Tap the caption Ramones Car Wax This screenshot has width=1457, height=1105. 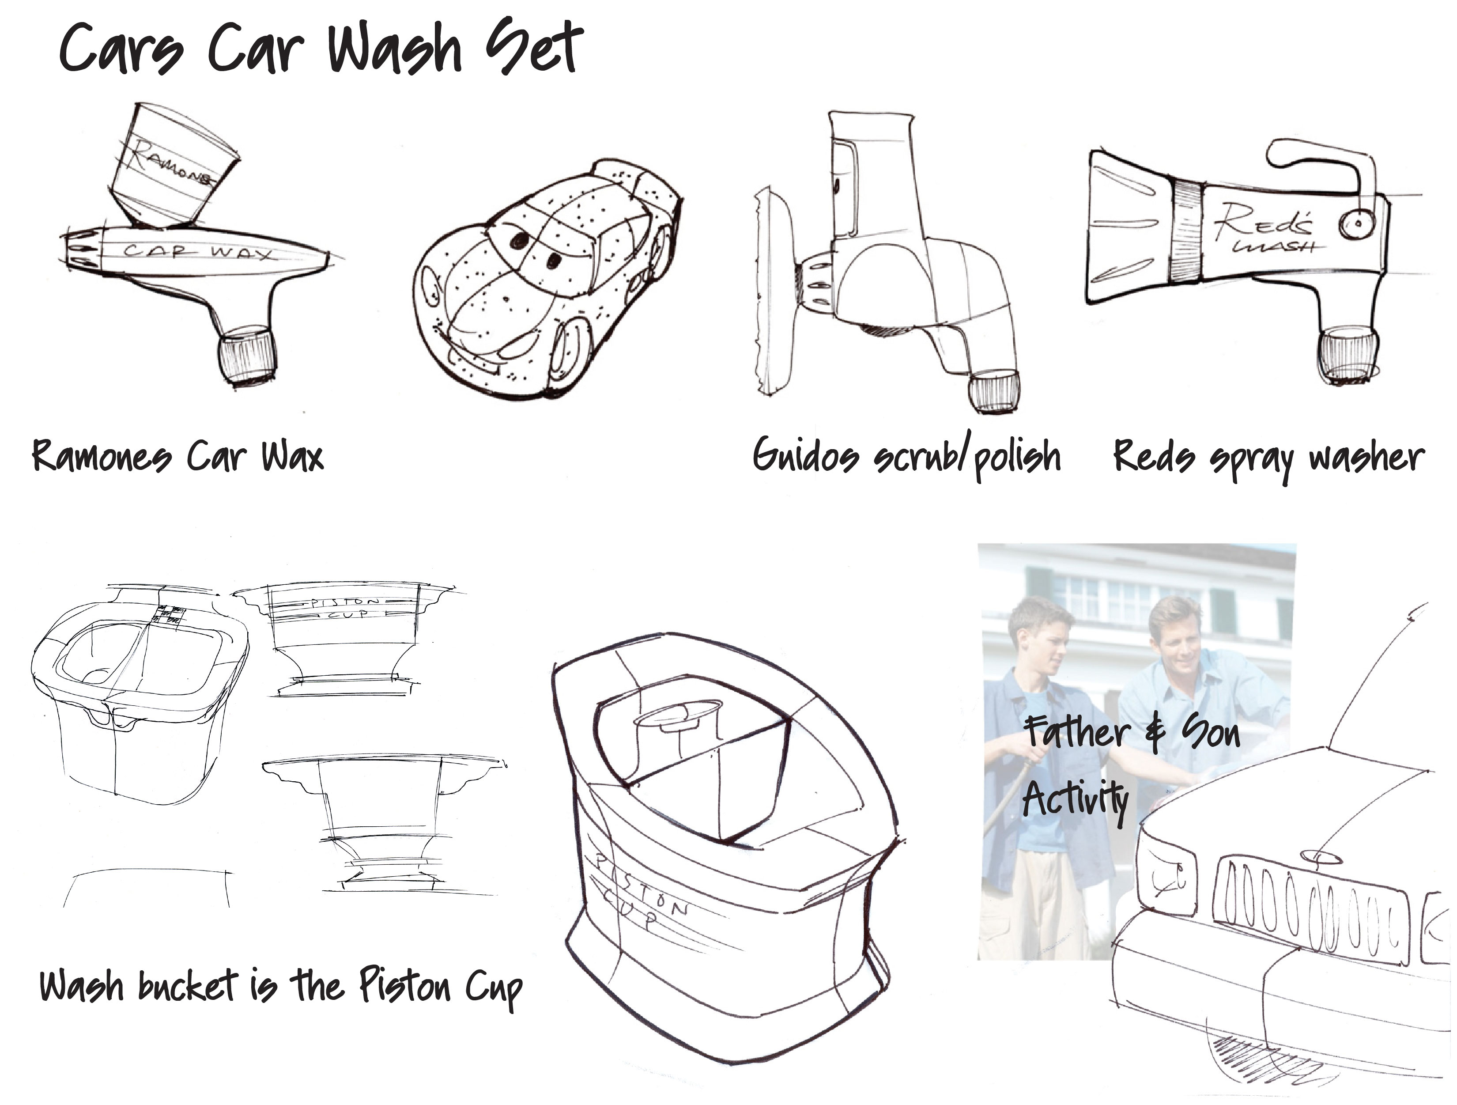pos(178,456)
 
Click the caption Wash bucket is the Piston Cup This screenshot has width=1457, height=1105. pos(281,988)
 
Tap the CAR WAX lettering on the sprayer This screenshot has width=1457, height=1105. pos(198,251)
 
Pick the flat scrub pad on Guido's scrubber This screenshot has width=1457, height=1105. pos(772,291)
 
